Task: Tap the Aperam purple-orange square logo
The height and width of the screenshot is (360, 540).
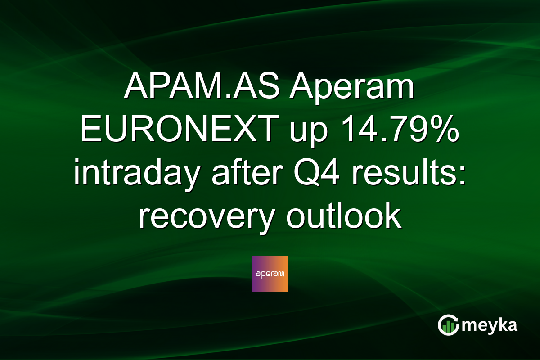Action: coord(270,274)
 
